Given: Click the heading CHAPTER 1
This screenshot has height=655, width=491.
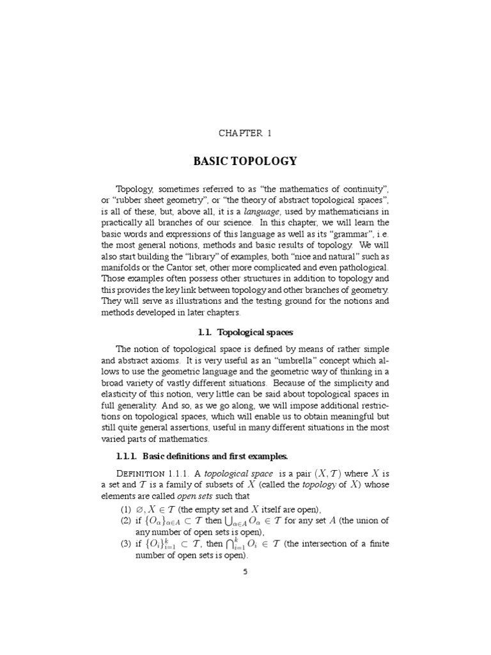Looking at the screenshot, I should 245,133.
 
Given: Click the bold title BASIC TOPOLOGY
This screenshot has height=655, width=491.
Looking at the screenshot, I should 245,161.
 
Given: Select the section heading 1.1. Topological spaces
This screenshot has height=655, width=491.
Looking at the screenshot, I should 245,332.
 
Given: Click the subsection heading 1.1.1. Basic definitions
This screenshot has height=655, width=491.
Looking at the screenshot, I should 201,456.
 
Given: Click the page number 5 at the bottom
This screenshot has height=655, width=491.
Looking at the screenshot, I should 245,571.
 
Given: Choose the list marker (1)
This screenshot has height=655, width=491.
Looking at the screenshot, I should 125,509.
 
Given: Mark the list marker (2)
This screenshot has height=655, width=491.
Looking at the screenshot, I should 125,521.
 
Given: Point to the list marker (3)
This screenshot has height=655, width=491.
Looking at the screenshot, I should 125,544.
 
